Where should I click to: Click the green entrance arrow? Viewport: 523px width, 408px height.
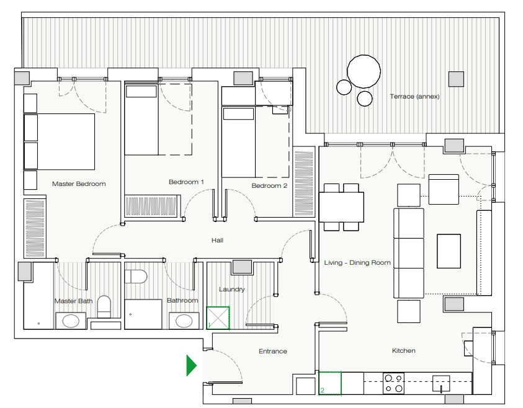(191, 366)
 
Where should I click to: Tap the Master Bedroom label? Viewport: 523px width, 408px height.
(79, 184)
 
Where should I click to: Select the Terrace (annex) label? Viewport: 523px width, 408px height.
(414, 96)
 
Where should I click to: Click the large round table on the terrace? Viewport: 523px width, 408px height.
(364, 72)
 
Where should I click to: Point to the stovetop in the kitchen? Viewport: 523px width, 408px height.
(393, 383)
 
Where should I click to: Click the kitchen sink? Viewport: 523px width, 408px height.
(441, 384)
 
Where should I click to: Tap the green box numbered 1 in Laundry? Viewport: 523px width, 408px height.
(218, 318)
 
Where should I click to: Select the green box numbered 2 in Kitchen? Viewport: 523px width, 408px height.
(330, 383)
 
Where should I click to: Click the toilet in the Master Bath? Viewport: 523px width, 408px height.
(104, 307)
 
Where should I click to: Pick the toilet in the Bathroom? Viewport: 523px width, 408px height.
(136, 277)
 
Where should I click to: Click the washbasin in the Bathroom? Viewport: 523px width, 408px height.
(184, 321)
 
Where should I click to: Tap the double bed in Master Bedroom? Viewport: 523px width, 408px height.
(60, 141)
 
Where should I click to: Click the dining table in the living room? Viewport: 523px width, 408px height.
(341, 207)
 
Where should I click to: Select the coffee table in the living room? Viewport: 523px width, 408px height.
(449, 251)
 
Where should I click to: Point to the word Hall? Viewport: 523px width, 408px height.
(217, 241)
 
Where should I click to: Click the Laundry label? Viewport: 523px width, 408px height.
(232, 290)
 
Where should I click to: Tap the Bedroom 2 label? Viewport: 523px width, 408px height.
(269, 185)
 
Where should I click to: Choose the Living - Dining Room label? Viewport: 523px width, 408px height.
(357, 263)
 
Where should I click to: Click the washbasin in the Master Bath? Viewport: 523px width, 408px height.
(71, 321)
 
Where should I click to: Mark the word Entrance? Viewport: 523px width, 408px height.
(273, 351)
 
